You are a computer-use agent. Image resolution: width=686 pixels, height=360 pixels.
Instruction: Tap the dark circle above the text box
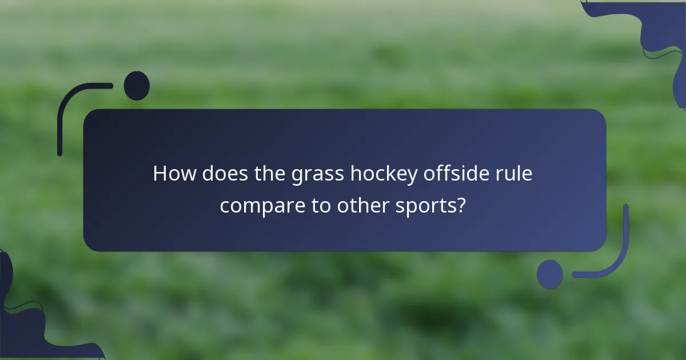137,86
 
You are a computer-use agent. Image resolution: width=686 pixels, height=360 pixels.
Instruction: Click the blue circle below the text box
550,274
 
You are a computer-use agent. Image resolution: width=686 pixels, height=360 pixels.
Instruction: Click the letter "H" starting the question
159,174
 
